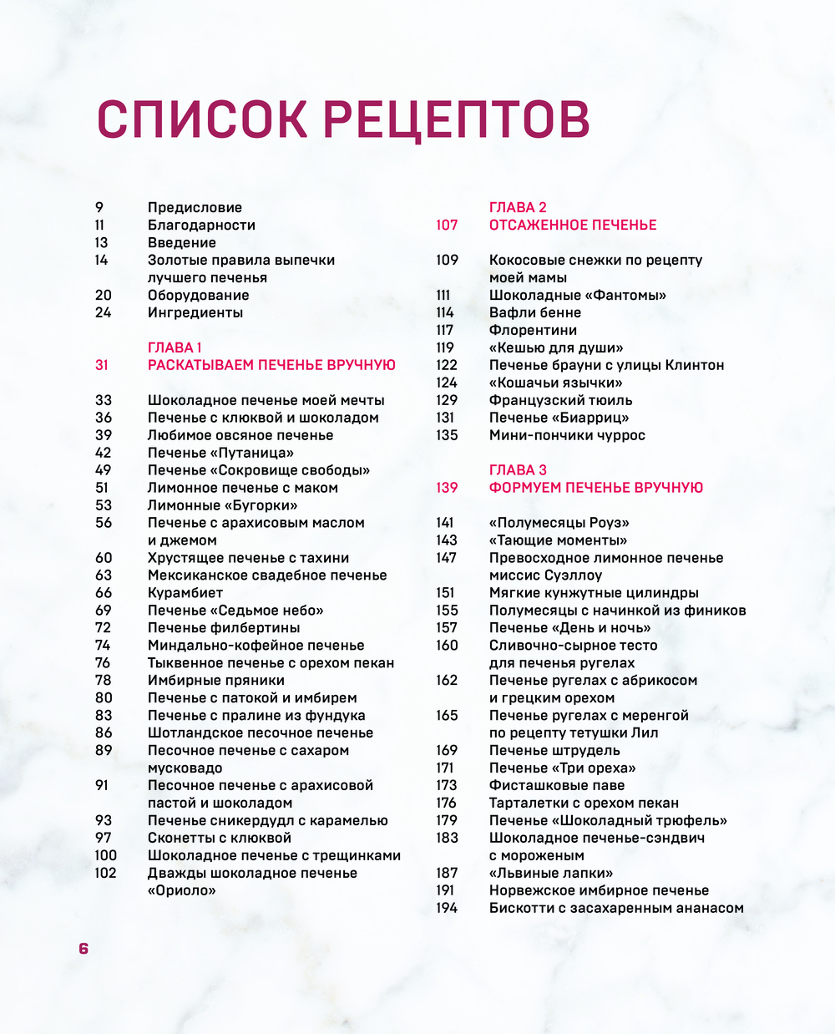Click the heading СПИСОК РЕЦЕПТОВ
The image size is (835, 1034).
pyautogui.click(x=343, y=119)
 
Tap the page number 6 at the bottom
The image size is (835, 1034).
pyautogui.click(x=83, y=948)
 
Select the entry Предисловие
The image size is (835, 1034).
pyautogui.click(x=195, y=207)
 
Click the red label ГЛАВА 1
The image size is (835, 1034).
pyautogui.click(x=175, y=347)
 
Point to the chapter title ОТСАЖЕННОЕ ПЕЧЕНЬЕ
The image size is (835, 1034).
pyautogui.click(x=573, y=225)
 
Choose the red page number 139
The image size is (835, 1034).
pyautogui.click(x=447, y=488)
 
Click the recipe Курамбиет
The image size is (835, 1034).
pyautogui.click(x=185, y=593)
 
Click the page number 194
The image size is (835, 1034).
pyautogui.click(x=447, y=908)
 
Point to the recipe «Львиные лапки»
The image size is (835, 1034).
pyautogui.click(x=551, y=873)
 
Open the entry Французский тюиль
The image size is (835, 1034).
pyautogui.click(x=561, y=400)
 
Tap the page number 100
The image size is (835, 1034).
pyautogui.click(x=106, y=855)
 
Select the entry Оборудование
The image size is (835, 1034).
pyautogui.click(x=199, y=295)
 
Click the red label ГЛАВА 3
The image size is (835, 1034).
pyautogui.click(x=518, y=470)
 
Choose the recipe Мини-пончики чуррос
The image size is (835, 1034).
pyautogui.click(x=567, y=435)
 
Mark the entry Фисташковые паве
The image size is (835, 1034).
pyautogui.click(x=557, y=785)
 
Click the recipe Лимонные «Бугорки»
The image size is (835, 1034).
pyautogui.click(x=223, y=505)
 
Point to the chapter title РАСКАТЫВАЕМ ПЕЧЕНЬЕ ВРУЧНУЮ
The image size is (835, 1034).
pyautogui.click(x=271, y=365)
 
